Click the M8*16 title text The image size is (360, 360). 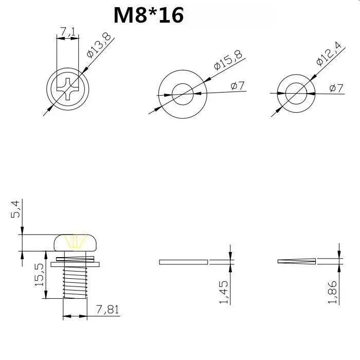pyautogui.click(x=149, y=15)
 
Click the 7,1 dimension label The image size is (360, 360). pyautogui.click(x=68, y=32)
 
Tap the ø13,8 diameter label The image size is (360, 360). pyautogui.click(x=99, y=45)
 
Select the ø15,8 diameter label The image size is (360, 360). pyautogui.click(x=228, y=60)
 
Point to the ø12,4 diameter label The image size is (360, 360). pyautogui.click(x=329, y=53)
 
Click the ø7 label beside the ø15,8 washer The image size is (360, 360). pyautogui.click(x=238, y=86)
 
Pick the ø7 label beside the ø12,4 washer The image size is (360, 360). pyautogui.click(x=336, y=88)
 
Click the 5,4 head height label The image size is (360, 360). pyautogui.click(x=15, y=209)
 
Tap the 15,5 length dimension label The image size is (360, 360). pyautogui.click(x=39, y=275)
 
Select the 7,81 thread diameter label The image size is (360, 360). pyautogui.click(x=107, y=310)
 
